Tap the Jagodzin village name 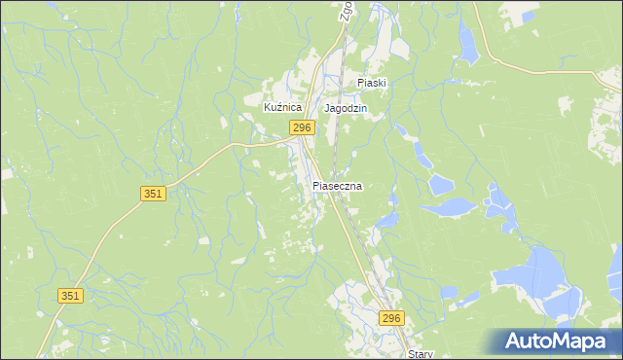[x=346, y=108]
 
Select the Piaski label [x=372, y=83]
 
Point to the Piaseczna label [x=337, y=185]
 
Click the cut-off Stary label [x=421, y=354]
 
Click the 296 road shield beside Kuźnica [x=301, y=128]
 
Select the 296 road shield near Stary [x=391, y=319]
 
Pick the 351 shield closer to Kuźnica [x=153, y=194]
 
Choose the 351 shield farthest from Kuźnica [x=70, y=296]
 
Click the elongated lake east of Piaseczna [x=450, y=206]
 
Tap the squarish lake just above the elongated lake [x=441, y=183]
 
